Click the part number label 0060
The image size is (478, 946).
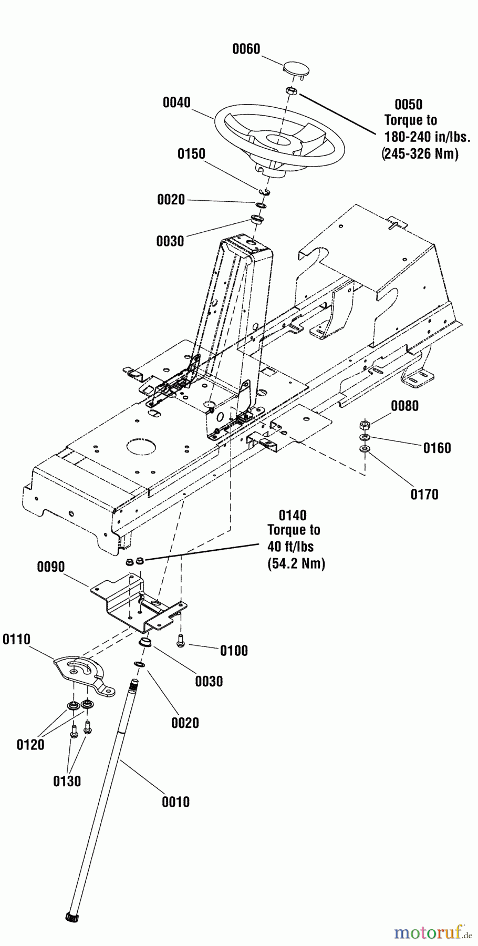coord(246,49)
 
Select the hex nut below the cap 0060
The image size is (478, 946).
coord(293,91)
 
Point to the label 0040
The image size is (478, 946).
coord(176,102)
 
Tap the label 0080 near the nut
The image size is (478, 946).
coord(405,406)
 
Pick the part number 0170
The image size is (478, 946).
coord(424,494)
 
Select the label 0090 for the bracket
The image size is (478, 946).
coord(51,567)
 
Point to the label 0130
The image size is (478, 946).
coord(67,781)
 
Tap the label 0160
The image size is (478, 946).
coord(437,448)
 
